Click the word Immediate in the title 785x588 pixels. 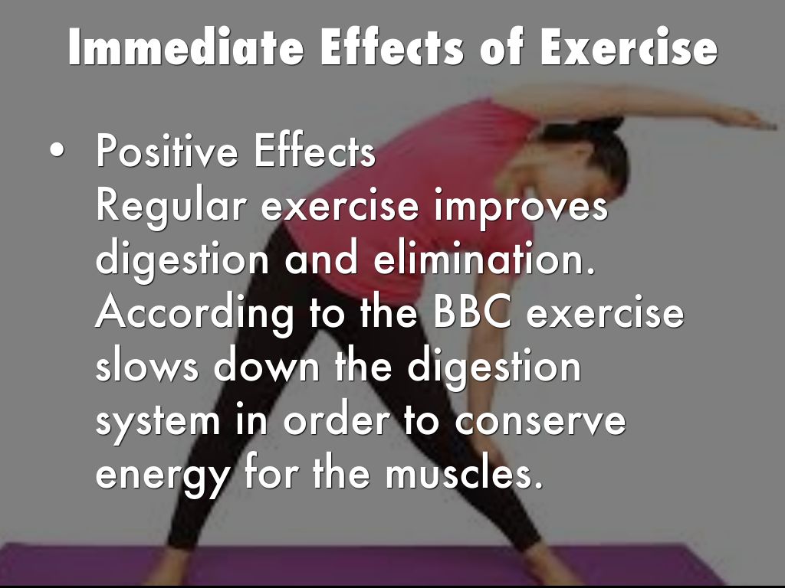[186, 47]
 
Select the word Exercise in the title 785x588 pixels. [629, 47]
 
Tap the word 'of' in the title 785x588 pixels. [501, 47]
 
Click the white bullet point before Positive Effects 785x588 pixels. [57, 151]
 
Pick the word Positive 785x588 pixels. [166, 151]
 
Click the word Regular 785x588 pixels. [171, 207]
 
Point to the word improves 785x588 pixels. [521, 207]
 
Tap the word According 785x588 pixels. [194, 314]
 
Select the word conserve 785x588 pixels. [540, 422]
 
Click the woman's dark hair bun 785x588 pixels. [606, 123]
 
